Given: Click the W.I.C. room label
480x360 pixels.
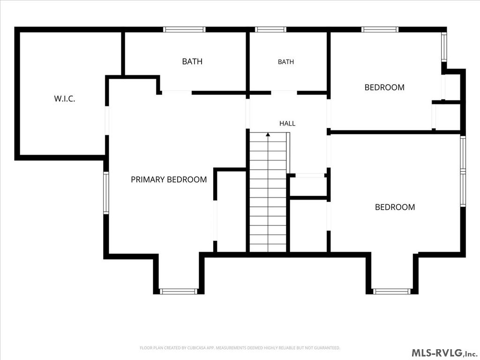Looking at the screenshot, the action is (65, 98).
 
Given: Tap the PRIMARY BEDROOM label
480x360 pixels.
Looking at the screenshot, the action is (169, 180).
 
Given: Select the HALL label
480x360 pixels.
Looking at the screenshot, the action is (287, 123).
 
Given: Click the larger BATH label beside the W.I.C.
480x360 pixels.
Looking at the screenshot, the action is (192, 61).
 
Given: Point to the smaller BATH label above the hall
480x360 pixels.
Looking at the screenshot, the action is (286, 62).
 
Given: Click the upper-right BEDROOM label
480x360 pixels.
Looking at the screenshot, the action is (384, 87).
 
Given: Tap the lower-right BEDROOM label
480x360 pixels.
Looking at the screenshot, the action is (395, 207).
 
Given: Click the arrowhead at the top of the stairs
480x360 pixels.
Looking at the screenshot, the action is (268, 134).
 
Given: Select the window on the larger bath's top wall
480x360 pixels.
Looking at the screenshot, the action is (184, 30).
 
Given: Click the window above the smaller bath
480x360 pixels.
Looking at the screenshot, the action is (270, 30).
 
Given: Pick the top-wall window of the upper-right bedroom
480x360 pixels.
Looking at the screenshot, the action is (380, 30).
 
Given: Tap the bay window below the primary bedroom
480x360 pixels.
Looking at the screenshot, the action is (179, 291).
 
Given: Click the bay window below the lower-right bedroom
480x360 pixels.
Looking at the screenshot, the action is (392, 291).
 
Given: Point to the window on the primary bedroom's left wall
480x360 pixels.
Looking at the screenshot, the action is (106, 193).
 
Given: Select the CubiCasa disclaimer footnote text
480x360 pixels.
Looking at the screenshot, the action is (240, 348).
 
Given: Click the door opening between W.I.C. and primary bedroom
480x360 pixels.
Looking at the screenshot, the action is (107, 120).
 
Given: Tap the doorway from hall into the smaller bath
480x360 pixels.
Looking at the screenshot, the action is (284, 92).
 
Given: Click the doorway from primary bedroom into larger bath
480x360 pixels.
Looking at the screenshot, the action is (177, 92).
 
